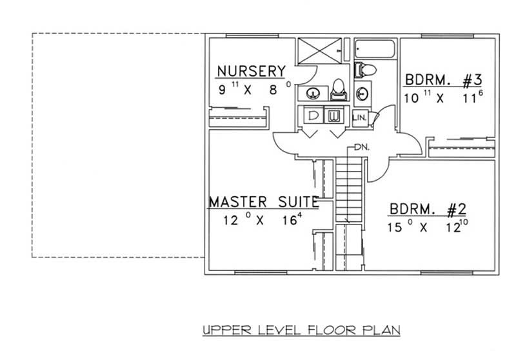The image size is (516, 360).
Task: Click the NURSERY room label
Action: [x=251, y=70]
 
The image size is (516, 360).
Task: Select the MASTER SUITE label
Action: [x=263, y=203]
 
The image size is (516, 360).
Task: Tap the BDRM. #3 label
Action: [x=443, y=81]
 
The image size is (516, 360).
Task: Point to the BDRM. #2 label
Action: [x=427, y=210]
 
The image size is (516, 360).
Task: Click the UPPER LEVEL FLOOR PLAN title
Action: [x=301, y=330]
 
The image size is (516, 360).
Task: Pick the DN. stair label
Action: [x=361, y=147]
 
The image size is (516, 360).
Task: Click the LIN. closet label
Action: [x=360, y=117]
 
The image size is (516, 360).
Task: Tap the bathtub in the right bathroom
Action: [x=375, y=49]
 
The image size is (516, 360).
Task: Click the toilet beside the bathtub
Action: [x=363, y=68]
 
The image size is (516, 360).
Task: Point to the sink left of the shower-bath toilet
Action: [x=312, y=92]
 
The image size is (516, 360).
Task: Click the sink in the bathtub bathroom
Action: [x=362, y=93]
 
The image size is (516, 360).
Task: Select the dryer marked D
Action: [x=313, y=116]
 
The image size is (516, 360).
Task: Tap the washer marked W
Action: [x=335, y=116]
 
